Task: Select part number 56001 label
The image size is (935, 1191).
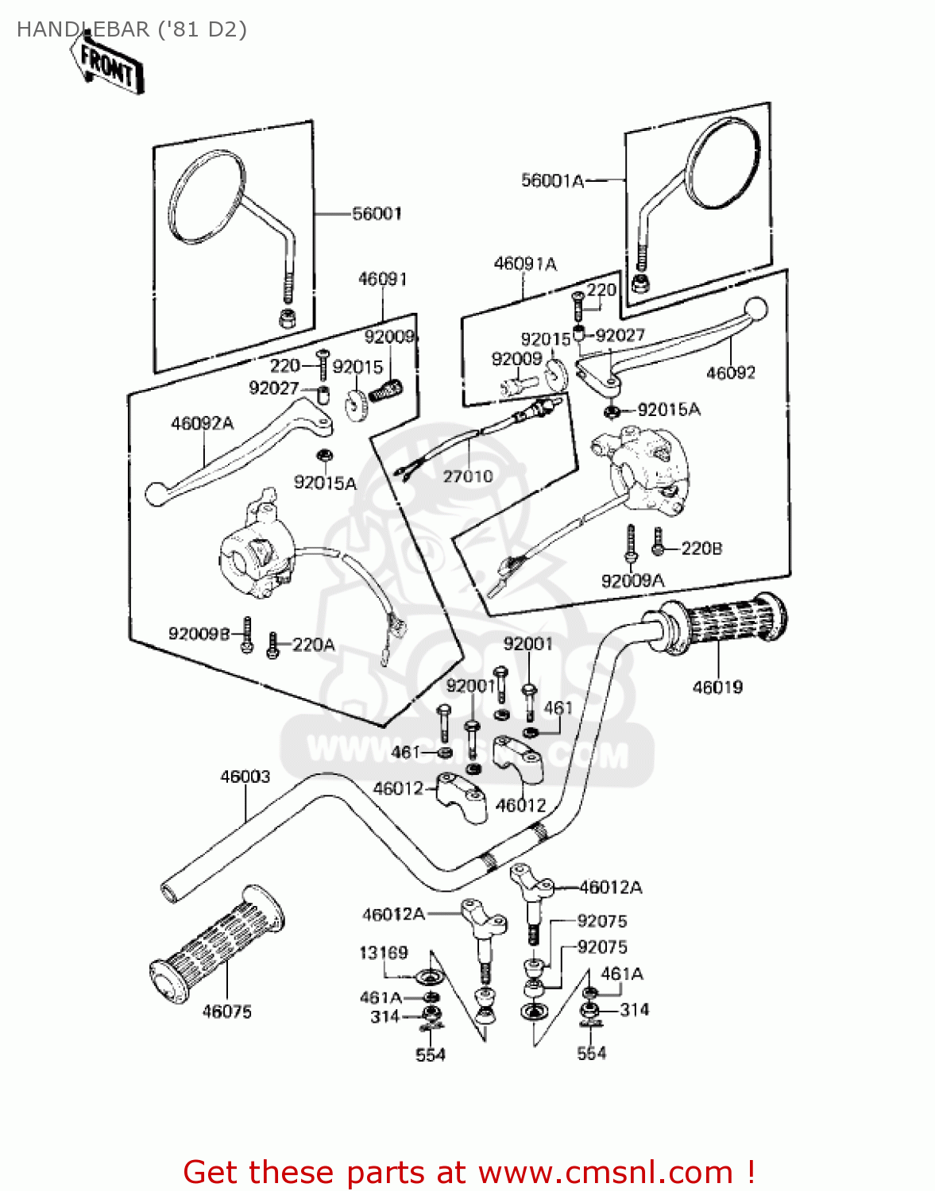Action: pyautogui.click(x=377, y=214)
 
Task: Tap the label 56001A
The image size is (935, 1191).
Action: pyautogui.click(x=552, y=181)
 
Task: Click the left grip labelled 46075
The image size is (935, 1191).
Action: pyautogui.click(x=216, y=942)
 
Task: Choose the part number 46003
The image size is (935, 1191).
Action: pyautogui.click(x=245, y=777)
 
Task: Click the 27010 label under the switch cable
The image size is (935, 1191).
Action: pyautogui.click(x=468, y=476)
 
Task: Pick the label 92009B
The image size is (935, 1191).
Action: pyautogui.click(x=199, y=634)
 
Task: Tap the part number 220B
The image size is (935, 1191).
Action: pyautogui.click(x=701, y=549)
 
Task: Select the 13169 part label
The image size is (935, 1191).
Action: pyautogui.click(x=384, y=953)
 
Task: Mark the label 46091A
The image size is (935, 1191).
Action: pyautogui.click(x=525, y=264)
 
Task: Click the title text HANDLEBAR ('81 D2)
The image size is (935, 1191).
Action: pyautogui.click(x=132, y=29)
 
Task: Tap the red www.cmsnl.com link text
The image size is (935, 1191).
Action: pyautogui.click(x=605, y=1172)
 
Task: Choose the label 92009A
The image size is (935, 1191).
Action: pyautogui.click(x=632, y=581)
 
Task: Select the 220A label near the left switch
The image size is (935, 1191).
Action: pyautogui.click(x=313, y=646)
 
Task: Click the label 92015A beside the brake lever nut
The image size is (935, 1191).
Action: pyautogui.click(x=669, y=410)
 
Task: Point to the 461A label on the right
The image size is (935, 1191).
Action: pyautogui.click(x=622, y=974)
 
